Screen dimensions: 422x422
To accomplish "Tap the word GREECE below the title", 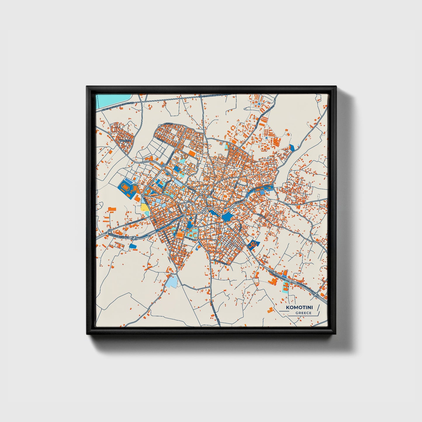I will click(x=303, y=313).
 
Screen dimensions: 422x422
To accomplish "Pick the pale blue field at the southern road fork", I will click(x=172, y=281).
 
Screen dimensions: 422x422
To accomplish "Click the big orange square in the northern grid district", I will click(x=192, y=153).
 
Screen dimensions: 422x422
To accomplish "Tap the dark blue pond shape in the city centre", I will click(x=226, y=217).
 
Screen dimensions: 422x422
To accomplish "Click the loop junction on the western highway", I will click(x=110, y=232).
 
